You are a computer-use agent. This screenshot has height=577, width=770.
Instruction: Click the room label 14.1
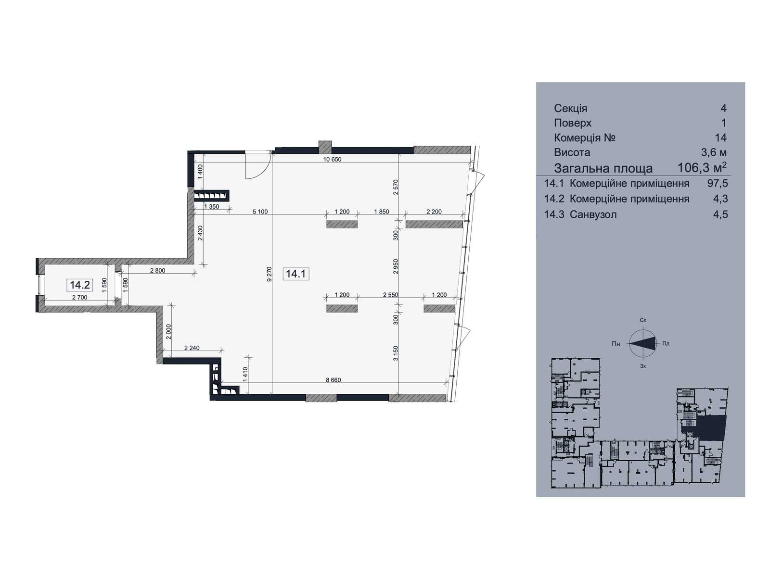pos(295,274)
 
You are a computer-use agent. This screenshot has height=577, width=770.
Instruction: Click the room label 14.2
pos(79,285)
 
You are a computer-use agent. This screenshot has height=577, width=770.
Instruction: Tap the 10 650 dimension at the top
pos(332,160)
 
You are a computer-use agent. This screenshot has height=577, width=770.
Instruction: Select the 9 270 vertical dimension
pos(269,274)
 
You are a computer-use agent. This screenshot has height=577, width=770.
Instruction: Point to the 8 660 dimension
pos(333,380)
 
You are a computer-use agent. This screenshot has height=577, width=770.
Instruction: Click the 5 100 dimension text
pos(260,212)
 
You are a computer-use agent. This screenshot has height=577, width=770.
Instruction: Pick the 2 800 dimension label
pos(157,270)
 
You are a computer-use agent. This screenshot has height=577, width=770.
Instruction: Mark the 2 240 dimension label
pos(192,348)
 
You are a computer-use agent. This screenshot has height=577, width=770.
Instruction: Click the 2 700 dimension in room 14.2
pos(79,298)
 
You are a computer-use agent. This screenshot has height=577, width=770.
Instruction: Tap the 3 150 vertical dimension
pos(396,353)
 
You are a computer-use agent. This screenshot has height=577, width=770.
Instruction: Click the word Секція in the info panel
pos(570,108)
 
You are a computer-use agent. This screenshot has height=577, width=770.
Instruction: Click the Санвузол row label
pos(593,214)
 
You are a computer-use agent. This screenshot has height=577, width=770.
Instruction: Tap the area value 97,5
pos(718,183)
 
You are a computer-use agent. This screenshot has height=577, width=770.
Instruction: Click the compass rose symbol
pos(642,343)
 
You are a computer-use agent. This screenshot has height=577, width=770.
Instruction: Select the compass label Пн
pos(616,344)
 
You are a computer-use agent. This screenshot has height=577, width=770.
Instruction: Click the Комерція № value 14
pos(720,138)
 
